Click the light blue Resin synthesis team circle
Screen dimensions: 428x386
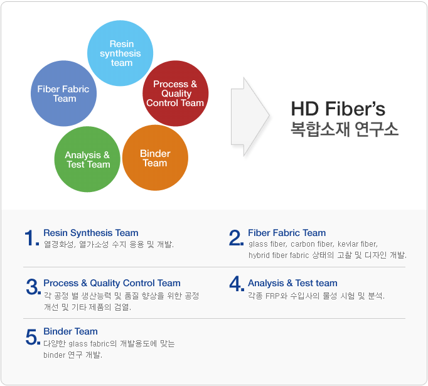click(120, 53)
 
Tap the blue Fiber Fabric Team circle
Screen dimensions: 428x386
click(63, 94)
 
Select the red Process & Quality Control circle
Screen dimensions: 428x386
click(176, 94)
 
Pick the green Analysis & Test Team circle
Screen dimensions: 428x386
click(87, 159)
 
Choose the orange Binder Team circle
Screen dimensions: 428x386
click(155, 158)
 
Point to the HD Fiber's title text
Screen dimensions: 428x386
click(338, 109)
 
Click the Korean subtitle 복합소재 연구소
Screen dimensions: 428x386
click(345, 129)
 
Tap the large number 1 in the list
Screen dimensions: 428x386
click(32, 238)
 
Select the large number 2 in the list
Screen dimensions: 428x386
click(236, 238)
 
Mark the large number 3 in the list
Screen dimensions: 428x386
click(33, 287)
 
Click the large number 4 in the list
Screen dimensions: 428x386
click(237, 284)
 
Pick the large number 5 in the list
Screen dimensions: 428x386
click(33, 337)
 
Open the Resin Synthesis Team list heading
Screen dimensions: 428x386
click(91, 233)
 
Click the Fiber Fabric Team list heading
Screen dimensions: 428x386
click(287, 233)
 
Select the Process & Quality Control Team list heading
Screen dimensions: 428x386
click(112, 283)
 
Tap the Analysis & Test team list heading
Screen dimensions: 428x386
click(292, 283)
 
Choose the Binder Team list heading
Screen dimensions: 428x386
click(70, 331)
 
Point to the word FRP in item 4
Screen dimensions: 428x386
click(272, 296)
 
